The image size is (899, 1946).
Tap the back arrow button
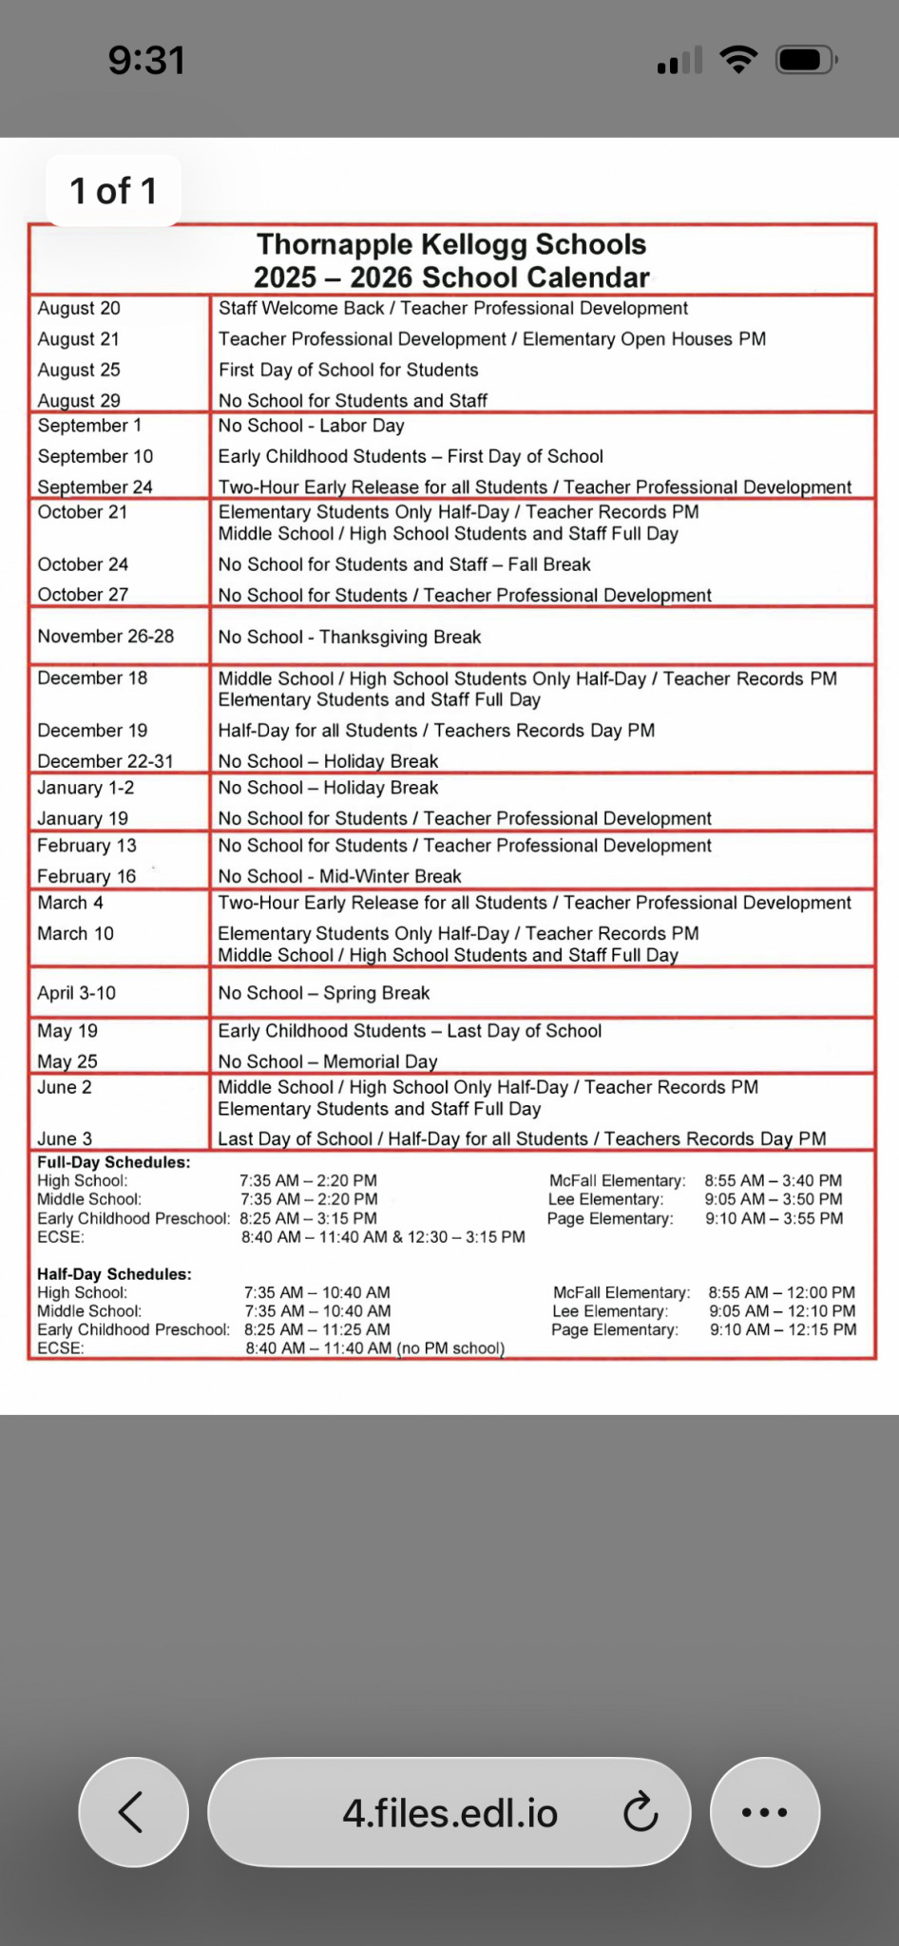pos(133,1811)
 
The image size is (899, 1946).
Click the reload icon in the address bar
pos(641,1811)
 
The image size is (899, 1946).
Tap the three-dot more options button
pos(764,1811)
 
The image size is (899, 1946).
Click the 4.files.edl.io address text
pos(449,1813)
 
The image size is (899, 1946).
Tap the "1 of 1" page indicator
pos(113,191)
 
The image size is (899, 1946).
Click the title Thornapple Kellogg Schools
pos(451,244)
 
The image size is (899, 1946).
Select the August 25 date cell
pos(79,370)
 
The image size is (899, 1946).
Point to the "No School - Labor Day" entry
pos(311,426)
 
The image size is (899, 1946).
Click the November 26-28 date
pos(105,636)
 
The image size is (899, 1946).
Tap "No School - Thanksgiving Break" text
pos(349,637)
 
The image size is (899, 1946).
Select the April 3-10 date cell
pos(76,993)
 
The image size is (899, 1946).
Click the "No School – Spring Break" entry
pos(323,993)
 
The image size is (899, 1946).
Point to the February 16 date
pos(86,876)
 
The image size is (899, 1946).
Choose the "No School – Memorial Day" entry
pos(327,1061)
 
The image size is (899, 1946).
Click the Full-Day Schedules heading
pos(113,1162)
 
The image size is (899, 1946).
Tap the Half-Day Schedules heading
pos(114,1274)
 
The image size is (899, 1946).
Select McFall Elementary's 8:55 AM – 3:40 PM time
pos(773,1180)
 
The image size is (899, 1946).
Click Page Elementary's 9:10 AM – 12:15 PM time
pos(782,1329)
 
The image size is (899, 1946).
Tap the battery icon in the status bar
pos(805,60)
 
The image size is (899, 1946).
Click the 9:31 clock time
pos(146,60)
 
